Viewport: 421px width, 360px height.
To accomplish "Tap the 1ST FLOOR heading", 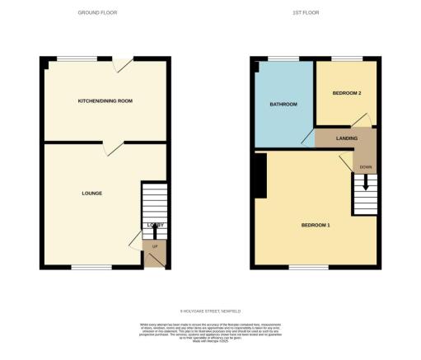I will coord(305,13).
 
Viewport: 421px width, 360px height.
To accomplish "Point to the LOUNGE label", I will coord(91,194).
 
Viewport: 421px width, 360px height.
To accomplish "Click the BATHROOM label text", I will coord(283,105).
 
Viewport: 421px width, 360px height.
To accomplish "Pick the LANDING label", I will coord(346,138).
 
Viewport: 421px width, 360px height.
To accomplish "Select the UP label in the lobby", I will coord(154,245).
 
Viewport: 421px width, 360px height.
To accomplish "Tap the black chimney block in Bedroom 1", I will coord(260,176).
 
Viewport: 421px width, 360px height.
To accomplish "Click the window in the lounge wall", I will coord(91,267).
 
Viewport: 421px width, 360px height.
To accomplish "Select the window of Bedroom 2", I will coord(344,58).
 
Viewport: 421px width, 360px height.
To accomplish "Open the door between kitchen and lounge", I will coord(113,147).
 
